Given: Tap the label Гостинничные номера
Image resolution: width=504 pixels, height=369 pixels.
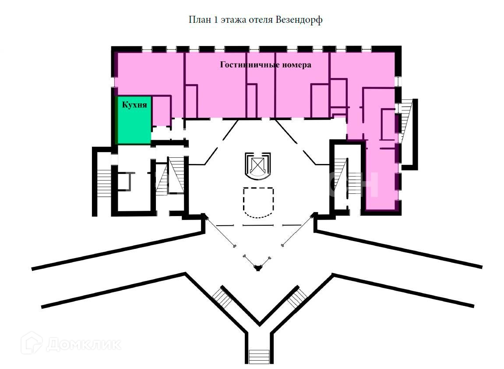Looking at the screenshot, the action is (x=265, y=65).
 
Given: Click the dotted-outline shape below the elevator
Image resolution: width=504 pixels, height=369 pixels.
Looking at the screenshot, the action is (x=258, y=202).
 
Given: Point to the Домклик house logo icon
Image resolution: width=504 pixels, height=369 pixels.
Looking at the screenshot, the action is (x=32, y=343).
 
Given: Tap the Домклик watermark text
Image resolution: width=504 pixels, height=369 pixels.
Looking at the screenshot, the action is (x=83, y=344).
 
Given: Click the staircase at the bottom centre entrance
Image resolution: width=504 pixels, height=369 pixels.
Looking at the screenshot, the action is (x=258, y=354).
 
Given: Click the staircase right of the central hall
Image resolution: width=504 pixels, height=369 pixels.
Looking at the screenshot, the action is (x=341, y=175).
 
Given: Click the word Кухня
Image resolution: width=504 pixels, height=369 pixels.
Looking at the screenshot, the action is (x=134, y=105).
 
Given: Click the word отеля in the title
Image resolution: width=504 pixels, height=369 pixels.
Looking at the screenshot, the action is (x=261, y=20).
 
